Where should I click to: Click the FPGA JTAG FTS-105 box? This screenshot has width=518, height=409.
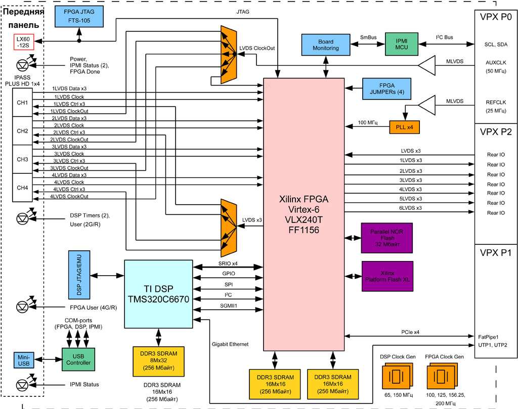(x=79, y=18)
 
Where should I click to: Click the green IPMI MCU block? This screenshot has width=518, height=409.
(x=401, y=45)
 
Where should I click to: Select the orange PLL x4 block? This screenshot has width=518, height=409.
(x=404, y=127)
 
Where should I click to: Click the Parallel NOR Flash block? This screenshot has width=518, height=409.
(x=387, y=238)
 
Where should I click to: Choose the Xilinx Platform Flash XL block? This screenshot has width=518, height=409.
(x=387, y=276)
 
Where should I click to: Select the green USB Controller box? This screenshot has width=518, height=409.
(x=78, y=359)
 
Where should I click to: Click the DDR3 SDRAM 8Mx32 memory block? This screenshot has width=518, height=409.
(x=158, y=361)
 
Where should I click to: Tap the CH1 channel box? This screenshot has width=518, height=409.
(x=23, y=103)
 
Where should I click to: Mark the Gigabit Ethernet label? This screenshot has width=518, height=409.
(x=230, y=344)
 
